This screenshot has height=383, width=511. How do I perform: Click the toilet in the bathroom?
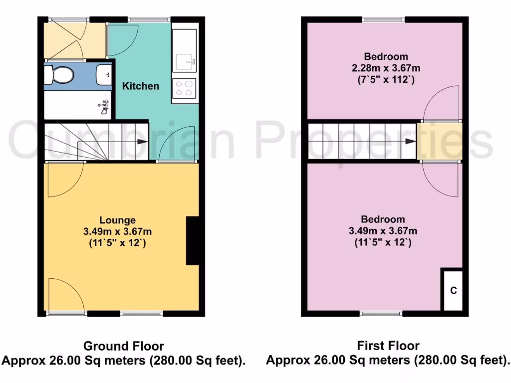tap(59, 75)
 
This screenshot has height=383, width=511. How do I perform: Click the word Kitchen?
tap(141, 86)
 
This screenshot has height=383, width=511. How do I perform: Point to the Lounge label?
tap(117, 220)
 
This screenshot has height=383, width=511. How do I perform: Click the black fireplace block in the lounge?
tap(192, 240)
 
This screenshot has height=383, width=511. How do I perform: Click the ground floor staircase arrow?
tap(142, 142)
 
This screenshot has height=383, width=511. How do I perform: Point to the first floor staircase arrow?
tap(410, 141)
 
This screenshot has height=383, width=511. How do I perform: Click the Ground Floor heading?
tap(123, 346)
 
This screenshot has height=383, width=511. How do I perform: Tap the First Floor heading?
tap(388, 346)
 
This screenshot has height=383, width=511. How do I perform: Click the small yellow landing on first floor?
tap(439, 141)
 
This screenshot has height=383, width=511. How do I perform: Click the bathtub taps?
tap(104, 106)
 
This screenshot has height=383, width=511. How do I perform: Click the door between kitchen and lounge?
tap(177, 145)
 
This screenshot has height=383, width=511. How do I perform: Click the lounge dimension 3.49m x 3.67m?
tap(118, 231)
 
